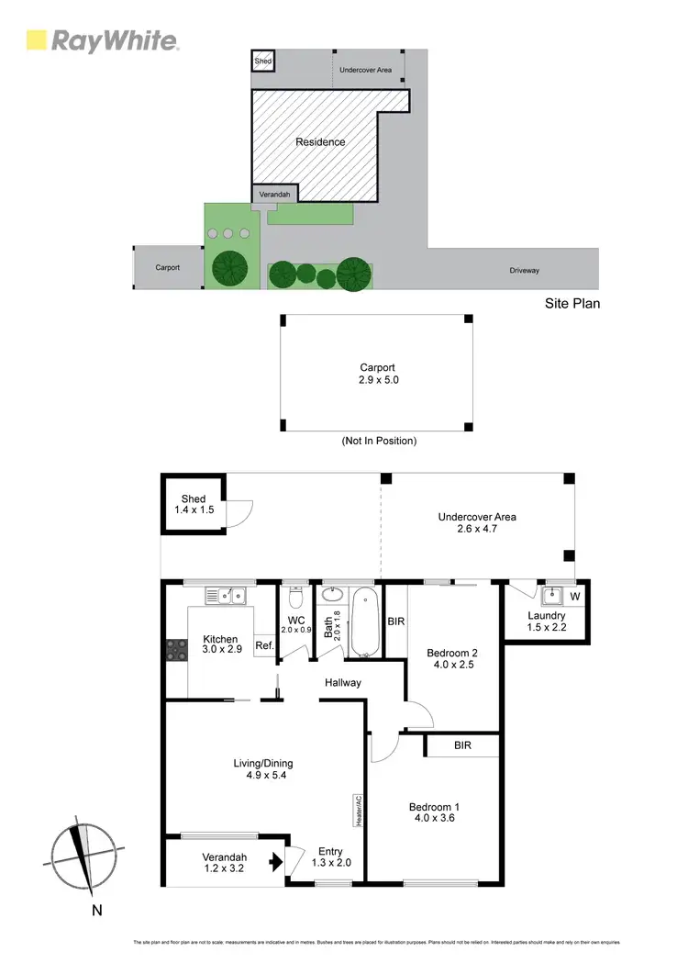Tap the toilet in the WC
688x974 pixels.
295,598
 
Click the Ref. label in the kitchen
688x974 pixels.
264,645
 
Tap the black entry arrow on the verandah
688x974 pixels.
272,862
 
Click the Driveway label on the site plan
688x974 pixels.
525,271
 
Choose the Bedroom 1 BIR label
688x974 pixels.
462,745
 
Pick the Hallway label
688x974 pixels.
342,682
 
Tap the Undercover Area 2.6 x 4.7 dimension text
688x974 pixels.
476,529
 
